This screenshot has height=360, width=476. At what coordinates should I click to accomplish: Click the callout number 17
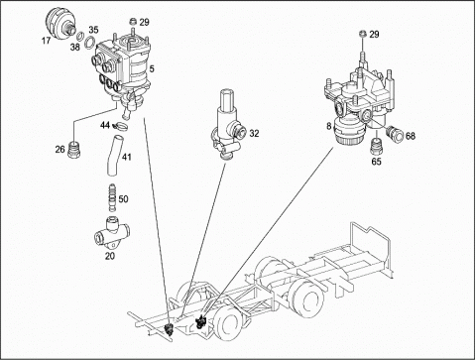coord(46,41)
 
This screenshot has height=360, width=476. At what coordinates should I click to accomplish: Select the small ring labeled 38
coord(80,35)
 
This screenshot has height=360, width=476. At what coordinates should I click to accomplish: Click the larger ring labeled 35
coord(89,43)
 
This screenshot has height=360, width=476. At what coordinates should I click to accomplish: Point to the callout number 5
coord(152,69)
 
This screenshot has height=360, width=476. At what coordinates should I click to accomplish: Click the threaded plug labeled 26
coord(73,150)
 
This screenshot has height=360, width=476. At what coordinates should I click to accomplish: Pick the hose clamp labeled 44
coord(119,126)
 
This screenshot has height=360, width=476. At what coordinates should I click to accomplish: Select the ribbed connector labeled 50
coord(112,197)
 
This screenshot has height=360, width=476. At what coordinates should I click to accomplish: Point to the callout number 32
coord(254,133)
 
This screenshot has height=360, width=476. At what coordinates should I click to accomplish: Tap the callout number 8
coord(329,126)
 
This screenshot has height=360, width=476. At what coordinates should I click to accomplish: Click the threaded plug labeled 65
coord(376,146)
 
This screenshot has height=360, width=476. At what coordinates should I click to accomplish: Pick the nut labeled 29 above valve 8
coord(363,34)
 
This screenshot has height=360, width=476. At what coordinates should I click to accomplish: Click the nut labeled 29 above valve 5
coord(133,22)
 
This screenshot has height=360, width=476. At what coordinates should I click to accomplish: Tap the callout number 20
coord(110,256)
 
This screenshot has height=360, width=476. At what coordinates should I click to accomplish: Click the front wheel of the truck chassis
coord(229,323)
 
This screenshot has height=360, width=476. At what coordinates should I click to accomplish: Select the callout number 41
coord(127,157)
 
